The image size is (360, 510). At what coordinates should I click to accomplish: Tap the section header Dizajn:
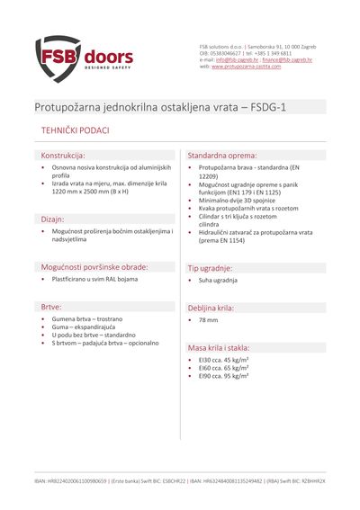click(x=52, y=219)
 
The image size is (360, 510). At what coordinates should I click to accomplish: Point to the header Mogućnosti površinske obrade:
click(x=94, y=266)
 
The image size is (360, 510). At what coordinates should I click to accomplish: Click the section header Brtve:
click(x=50, y=307)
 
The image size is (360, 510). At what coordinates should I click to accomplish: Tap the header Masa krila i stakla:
click(x=230, y=346)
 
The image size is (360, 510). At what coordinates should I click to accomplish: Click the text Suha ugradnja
click(x=218, y=281)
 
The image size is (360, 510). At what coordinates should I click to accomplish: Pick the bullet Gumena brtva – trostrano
click(x=87, y=319)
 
